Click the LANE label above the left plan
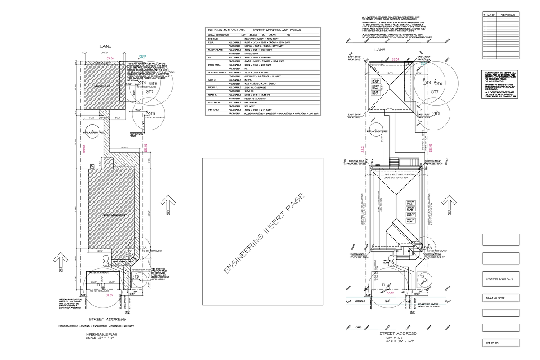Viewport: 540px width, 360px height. pos(105,46)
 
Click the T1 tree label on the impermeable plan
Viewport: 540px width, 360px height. pos(99,284)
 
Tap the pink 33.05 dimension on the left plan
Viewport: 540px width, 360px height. pos(109,295)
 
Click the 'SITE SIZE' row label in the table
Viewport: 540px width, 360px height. pos(213,39)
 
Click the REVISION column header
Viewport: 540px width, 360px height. pos(507,15)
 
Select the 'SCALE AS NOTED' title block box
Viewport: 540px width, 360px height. pos(500,298)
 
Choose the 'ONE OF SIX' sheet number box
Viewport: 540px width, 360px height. pos(500,343)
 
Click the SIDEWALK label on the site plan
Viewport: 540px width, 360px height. pos(360,300)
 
